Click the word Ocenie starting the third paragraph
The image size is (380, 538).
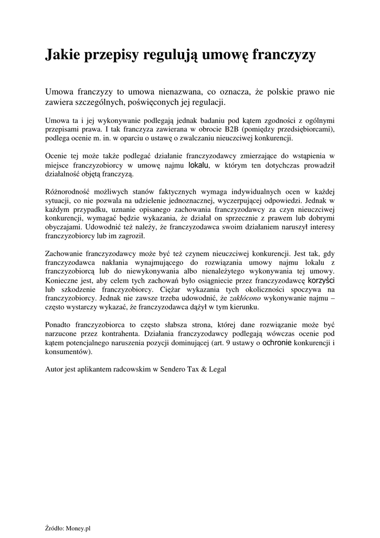pyautogui.click(x=57, y=156)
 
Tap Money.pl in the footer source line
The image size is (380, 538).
pyautogui.click(x=80, y=528)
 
